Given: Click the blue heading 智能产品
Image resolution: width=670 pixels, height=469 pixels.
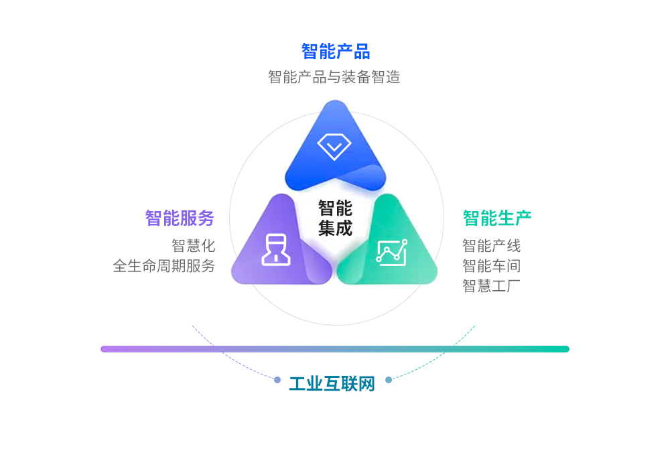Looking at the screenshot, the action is (x=336, y=52).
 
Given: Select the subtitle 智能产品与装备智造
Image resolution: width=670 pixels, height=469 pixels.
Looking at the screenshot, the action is (x=334, y=77).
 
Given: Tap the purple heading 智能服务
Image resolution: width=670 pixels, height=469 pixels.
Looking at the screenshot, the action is (x=180, y=218).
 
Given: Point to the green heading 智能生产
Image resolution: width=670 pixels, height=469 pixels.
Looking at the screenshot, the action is (x=497, y=218).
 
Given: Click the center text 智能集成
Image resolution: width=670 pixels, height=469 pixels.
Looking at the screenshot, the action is (x=336, y=218).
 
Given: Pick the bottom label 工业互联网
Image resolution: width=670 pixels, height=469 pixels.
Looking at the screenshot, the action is (x=332, y=383).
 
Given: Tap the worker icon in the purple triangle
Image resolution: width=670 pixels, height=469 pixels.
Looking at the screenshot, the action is (x=276, y=250).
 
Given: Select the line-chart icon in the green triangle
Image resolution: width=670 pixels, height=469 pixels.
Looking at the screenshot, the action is (x=391, y=253).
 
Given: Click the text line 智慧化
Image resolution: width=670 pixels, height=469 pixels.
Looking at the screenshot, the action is (x=193, y=246).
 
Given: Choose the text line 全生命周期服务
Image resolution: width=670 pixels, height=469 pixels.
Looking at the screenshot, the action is (x=163, y=266).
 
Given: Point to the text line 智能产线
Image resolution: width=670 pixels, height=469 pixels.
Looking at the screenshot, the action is (x=491, y=246).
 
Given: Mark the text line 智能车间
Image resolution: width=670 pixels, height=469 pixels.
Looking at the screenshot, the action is (x=491, y=266).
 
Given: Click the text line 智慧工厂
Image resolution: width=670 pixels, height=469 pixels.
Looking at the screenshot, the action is (x=491, y=286).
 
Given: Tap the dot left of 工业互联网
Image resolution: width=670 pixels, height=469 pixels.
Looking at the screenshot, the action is (x=277, y=380).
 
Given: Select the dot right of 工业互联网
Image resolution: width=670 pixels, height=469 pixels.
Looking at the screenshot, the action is (x=389, y=380).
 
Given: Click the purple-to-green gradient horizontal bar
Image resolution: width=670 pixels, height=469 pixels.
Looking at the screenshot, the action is (x=335, y=349).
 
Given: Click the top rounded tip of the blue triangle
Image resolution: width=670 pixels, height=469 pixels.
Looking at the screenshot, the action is (x=336, y=101).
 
